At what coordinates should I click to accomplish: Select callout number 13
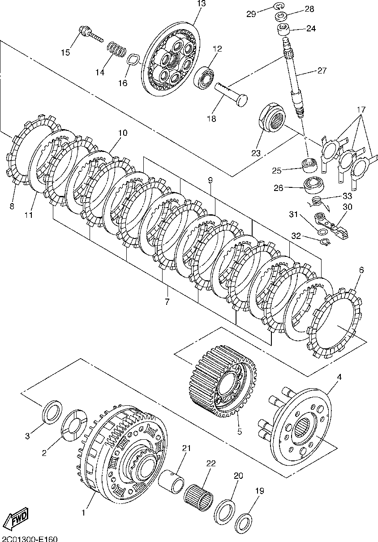[x=201, y=4]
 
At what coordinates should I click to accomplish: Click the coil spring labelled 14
[x=117, y=50]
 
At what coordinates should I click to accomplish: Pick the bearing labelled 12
[x=206, y=77]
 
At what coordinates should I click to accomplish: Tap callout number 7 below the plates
[x=167, y=302]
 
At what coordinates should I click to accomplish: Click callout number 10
[x=123, y=133]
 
